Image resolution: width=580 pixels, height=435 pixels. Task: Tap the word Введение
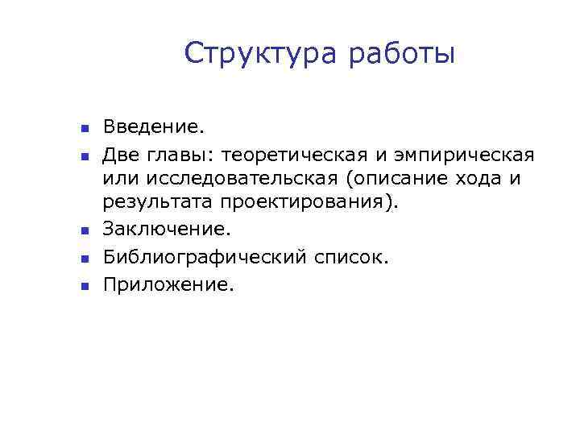[x=154, y=126]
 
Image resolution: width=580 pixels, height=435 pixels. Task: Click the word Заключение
[x=166, y=230]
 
